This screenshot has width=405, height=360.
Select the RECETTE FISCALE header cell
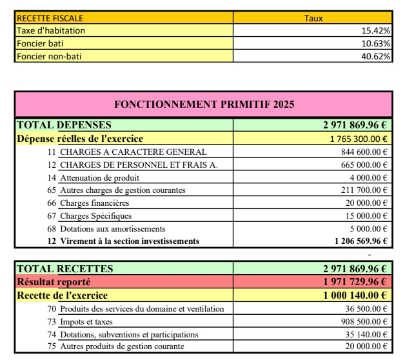coord(50,19)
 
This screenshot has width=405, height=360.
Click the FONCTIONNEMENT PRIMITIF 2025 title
coord(204,104)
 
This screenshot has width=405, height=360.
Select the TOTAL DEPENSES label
coord(64,125)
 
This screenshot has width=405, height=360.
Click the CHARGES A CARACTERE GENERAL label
coord(133,152)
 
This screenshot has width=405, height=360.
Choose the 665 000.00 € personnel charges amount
coord(364,165)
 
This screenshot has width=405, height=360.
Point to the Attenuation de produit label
coord(99,177)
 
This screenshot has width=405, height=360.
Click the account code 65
coord(52,190)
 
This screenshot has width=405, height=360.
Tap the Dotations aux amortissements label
coord(113,228)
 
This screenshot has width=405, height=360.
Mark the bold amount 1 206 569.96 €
coord(361,241)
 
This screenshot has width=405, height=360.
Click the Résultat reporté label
coord(54,282)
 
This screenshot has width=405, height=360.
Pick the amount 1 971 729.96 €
coord(355,282)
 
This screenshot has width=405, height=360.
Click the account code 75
coord(52,346)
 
